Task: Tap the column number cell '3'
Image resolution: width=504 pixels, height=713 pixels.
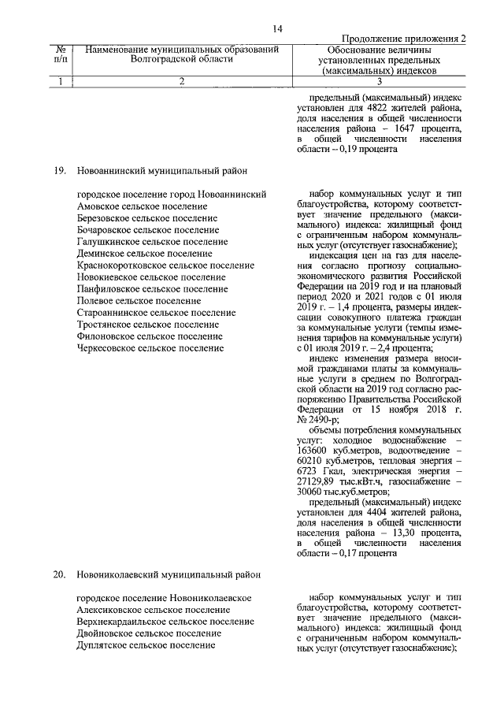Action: (380, 80)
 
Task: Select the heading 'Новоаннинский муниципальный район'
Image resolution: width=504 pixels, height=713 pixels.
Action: (161, 169)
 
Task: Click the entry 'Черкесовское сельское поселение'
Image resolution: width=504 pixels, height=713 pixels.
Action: (150, 347)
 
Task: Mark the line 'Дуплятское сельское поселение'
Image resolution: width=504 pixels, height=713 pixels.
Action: (146, 645)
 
